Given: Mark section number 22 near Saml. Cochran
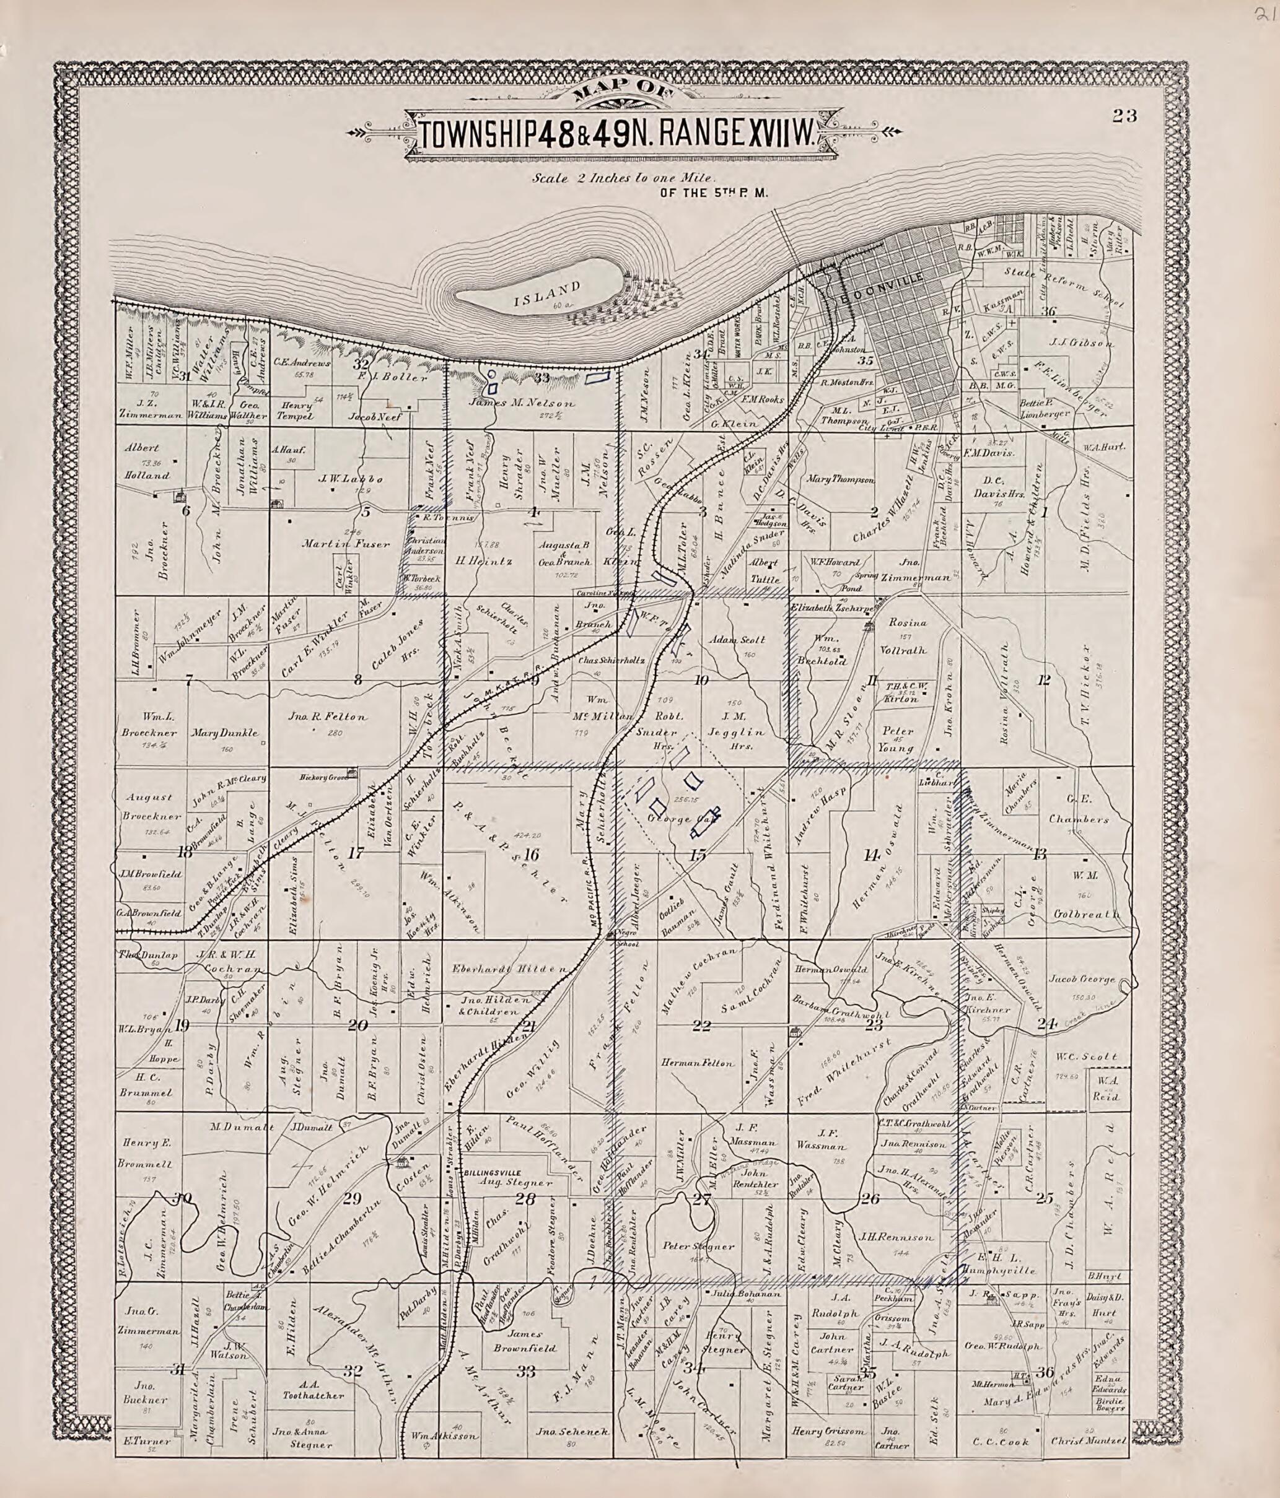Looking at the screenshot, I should click(x=701, y=1024).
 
